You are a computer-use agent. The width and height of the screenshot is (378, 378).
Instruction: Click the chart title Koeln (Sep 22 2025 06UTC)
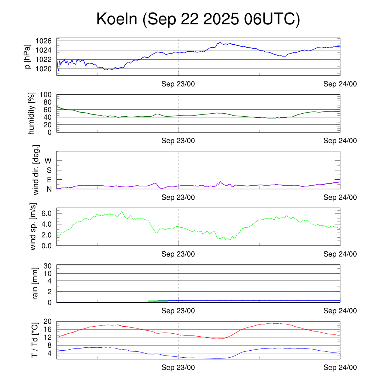(x=198, y=19)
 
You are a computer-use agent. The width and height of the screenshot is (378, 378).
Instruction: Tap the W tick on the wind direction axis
(x=48, y=161)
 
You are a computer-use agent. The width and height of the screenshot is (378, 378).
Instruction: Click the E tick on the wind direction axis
(x=49, y=180)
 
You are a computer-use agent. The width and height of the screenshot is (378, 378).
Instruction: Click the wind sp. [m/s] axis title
(x=34, y=227)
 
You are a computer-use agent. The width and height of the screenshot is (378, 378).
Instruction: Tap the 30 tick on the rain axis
(x=48, y=266)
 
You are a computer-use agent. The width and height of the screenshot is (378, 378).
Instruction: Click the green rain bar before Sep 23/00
(x=158, y=301)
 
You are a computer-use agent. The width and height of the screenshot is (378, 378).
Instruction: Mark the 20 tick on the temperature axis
(x=47, y=321)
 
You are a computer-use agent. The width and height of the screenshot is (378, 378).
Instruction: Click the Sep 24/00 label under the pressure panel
(x=340, y=84)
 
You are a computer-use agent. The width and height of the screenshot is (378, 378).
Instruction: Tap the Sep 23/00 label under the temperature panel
(x=178, y=368)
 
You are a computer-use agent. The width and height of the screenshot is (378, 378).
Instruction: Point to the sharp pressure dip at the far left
(x=58, y=70)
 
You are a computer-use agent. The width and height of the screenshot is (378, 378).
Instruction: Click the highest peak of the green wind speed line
(x=121, y=212)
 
